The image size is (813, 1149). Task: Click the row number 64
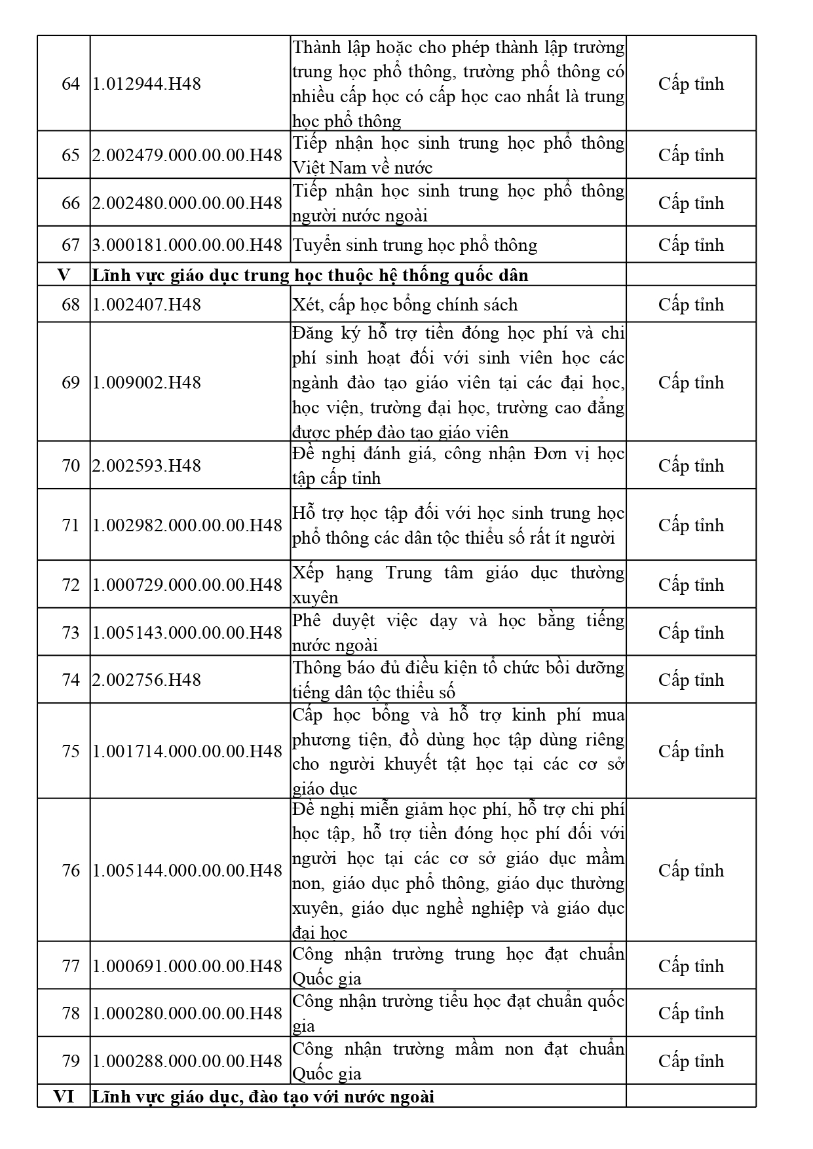click(70, 84)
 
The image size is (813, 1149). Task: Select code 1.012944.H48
click(146, 84)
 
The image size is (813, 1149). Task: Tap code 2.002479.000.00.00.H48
click(187, 155)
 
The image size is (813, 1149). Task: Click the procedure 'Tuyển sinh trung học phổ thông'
click(415, 245)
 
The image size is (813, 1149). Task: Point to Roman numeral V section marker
click(64, 274)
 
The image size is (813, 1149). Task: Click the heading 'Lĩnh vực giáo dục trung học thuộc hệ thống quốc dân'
click(310, 275)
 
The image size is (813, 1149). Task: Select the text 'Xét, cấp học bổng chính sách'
click(405, 305)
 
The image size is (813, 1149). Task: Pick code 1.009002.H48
click(146, 383)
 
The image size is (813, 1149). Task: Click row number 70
click(70, 466)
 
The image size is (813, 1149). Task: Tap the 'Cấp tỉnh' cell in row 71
click(691, 525)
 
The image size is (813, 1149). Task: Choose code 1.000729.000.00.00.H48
click(187, 585)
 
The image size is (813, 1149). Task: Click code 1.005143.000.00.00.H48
click(187, 633)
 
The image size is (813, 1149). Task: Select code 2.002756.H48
click(146, 680)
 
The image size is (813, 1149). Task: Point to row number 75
click(70, 751)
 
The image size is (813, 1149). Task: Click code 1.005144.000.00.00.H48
click(187, 871)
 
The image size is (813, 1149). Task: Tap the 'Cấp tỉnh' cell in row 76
click(691, 871)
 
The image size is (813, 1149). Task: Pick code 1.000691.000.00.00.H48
click(187, 966)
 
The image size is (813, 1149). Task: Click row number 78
click(70, 1013)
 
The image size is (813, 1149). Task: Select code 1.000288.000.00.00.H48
click(187, 1061)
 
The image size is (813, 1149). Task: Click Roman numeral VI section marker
click(64, 1096)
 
